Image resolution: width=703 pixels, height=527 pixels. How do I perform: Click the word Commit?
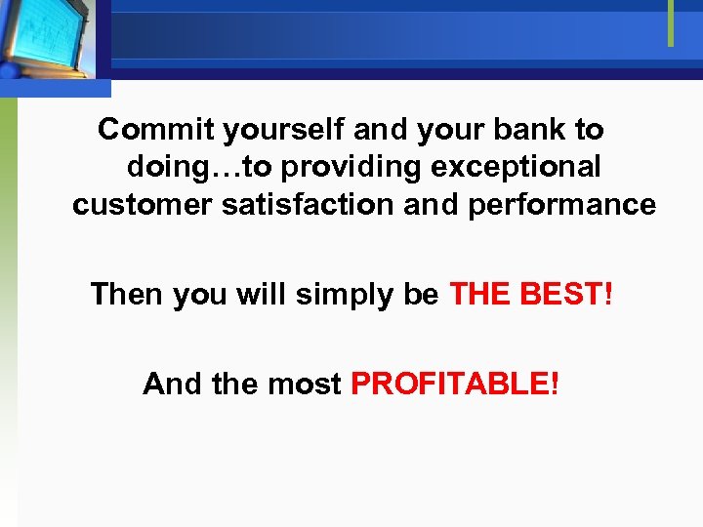click(x=156, y=129)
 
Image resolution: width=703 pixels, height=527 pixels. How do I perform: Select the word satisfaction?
click(x=296, y=205)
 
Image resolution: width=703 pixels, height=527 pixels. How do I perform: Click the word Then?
click(x=128, y=294)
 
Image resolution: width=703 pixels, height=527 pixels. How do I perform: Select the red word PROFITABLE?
click(x=455, y=384)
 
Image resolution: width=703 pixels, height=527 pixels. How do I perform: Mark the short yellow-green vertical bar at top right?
click(x=671, y=22)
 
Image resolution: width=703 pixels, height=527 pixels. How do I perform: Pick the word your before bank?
click(x=458, y=130)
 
